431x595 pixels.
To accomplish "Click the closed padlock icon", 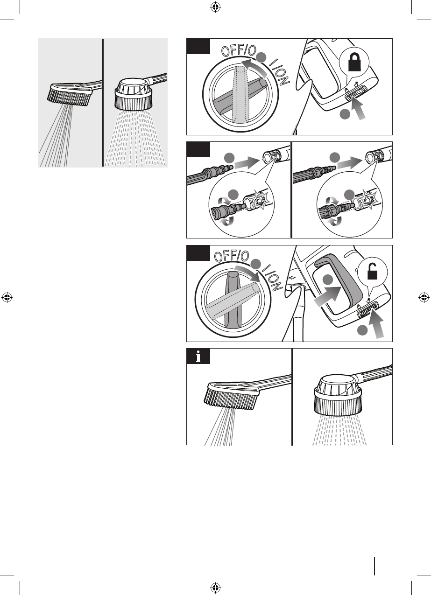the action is tap(355, 62).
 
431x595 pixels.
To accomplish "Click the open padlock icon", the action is tap(372, 272).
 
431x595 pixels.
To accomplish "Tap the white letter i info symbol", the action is tap(198, 356).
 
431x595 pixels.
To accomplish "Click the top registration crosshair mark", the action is tap(215, 7).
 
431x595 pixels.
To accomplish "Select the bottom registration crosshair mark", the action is tap(215, 587).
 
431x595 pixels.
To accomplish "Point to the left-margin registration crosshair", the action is tap(7, 297).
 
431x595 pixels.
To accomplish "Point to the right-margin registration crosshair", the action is tap(424, 297).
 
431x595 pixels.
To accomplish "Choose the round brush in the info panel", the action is tap(338, 395).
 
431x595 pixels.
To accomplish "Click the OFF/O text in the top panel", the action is tap(238, 50).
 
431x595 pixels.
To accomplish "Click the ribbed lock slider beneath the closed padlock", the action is tap(356, 93).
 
